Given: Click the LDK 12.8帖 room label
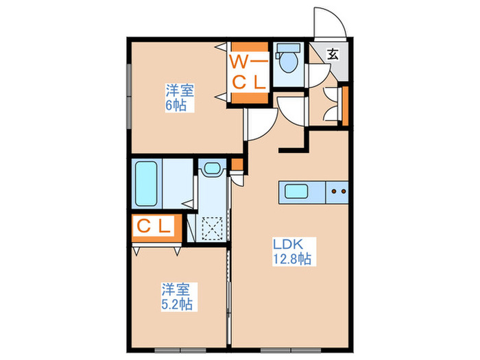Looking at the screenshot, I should [x=293, y=252].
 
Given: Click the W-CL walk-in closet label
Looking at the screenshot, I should [x=247, y=72].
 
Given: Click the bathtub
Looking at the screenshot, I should [x=147, y=184].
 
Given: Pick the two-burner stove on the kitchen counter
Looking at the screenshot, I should [x=337, y=192].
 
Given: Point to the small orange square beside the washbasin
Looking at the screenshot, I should [x=237, y=164].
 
